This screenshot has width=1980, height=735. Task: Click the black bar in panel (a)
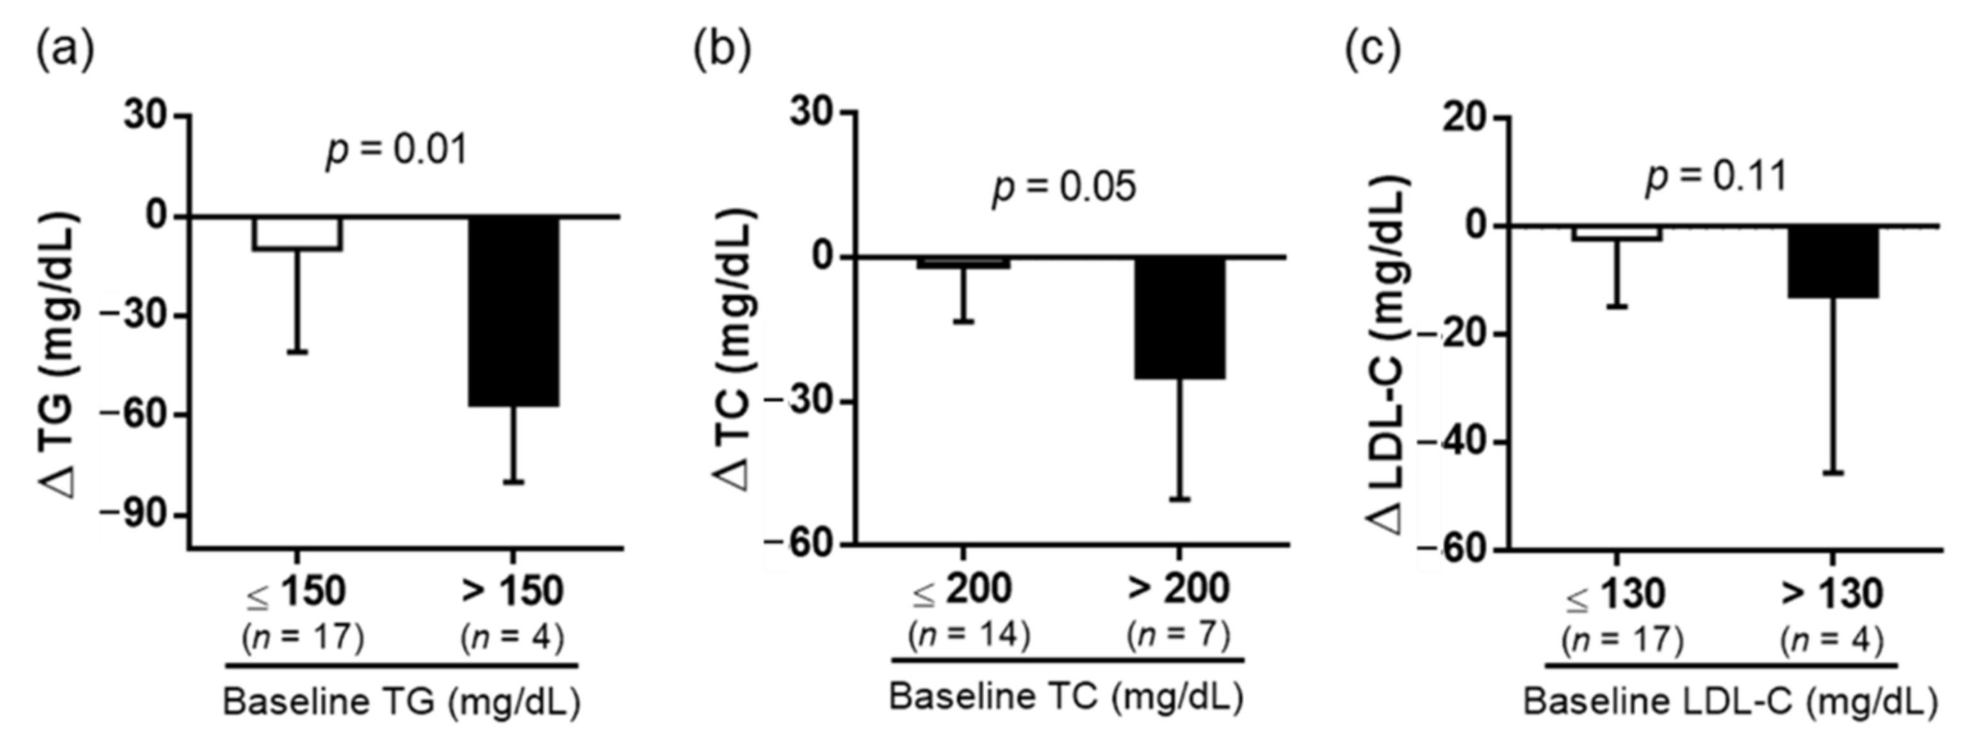coord(514,311)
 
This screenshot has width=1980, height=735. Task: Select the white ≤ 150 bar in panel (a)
coord(298,233)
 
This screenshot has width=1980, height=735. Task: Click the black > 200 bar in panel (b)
coord(1181,318)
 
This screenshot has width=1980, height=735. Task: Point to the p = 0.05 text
coord(1064,187)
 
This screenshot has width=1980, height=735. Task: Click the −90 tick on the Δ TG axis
coord(146,515)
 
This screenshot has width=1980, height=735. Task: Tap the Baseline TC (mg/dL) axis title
coord(1066,697)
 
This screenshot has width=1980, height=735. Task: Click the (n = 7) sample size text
coord(1178,635)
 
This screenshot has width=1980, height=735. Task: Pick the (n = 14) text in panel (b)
coord(968,635)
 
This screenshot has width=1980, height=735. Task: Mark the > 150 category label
coord(513,591)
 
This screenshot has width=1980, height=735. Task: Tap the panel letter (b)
coord(722,51)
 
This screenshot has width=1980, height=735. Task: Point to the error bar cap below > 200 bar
coord(1181,500)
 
